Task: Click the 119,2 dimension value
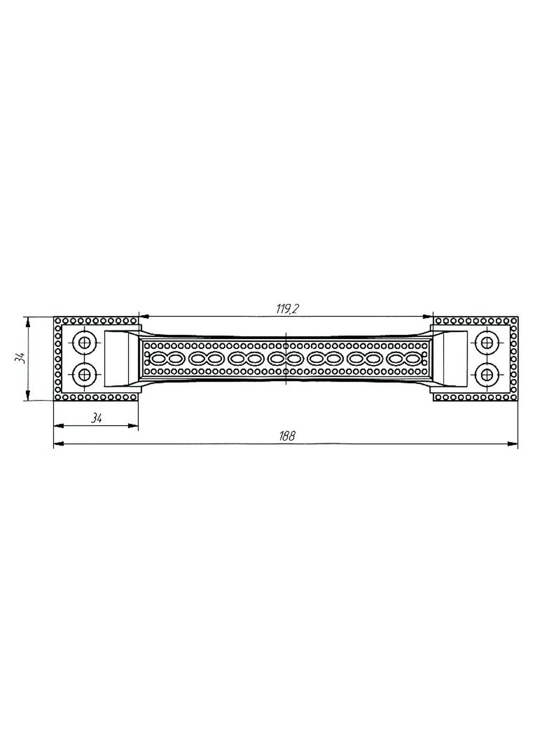(x=288, y=309)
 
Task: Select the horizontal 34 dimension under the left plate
(x=96, y=418)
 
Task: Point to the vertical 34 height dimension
(x=20, y=358)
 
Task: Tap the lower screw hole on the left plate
(x=85, y=375)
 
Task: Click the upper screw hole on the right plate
(x=487, y=343)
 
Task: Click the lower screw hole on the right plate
(x=487, y=375)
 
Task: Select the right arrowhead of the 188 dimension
(x=513, y=444)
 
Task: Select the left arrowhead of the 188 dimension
(x=59, y=444)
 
